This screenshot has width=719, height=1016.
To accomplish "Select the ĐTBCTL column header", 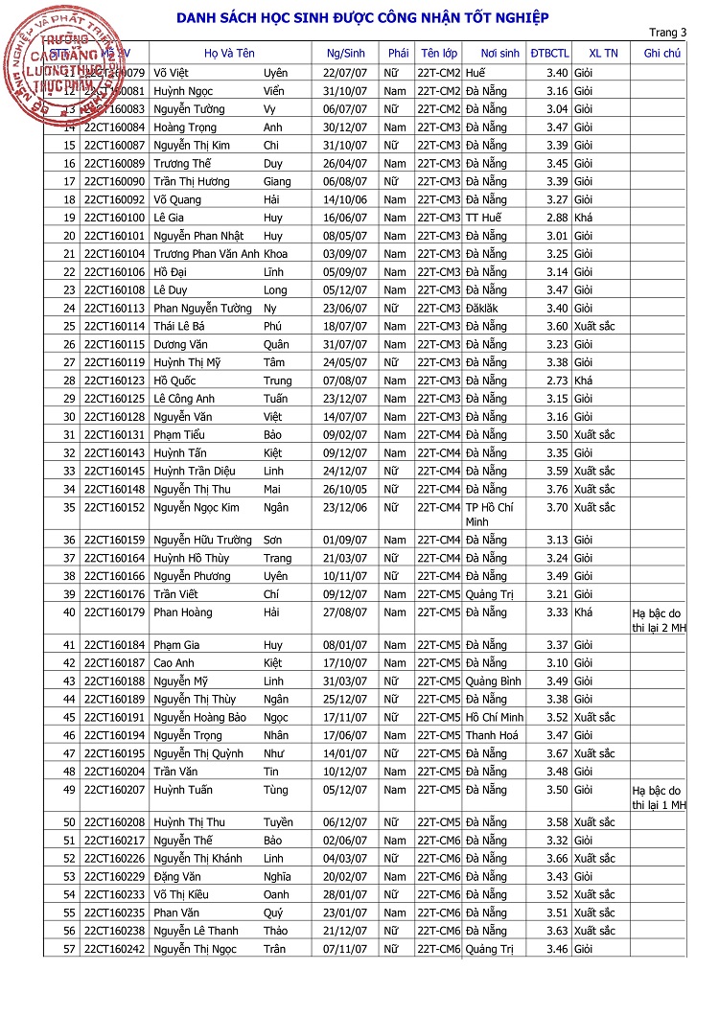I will [548, 53].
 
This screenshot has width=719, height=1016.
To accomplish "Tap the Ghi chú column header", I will [661, 53].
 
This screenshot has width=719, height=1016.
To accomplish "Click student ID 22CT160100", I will [114, 218].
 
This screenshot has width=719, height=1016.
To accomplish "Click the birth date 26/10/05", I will [345, 490].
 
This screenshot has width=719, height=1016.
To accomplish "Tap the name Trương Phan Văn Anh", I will [206, 254].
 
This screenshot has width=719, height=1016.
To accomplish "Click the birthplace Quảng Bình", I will [493, 681].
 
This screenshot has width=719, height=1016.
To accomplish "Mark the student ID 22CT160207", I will [114, 791].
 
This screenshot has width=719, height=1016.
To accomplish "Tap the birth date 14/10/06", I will [345, 200].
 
